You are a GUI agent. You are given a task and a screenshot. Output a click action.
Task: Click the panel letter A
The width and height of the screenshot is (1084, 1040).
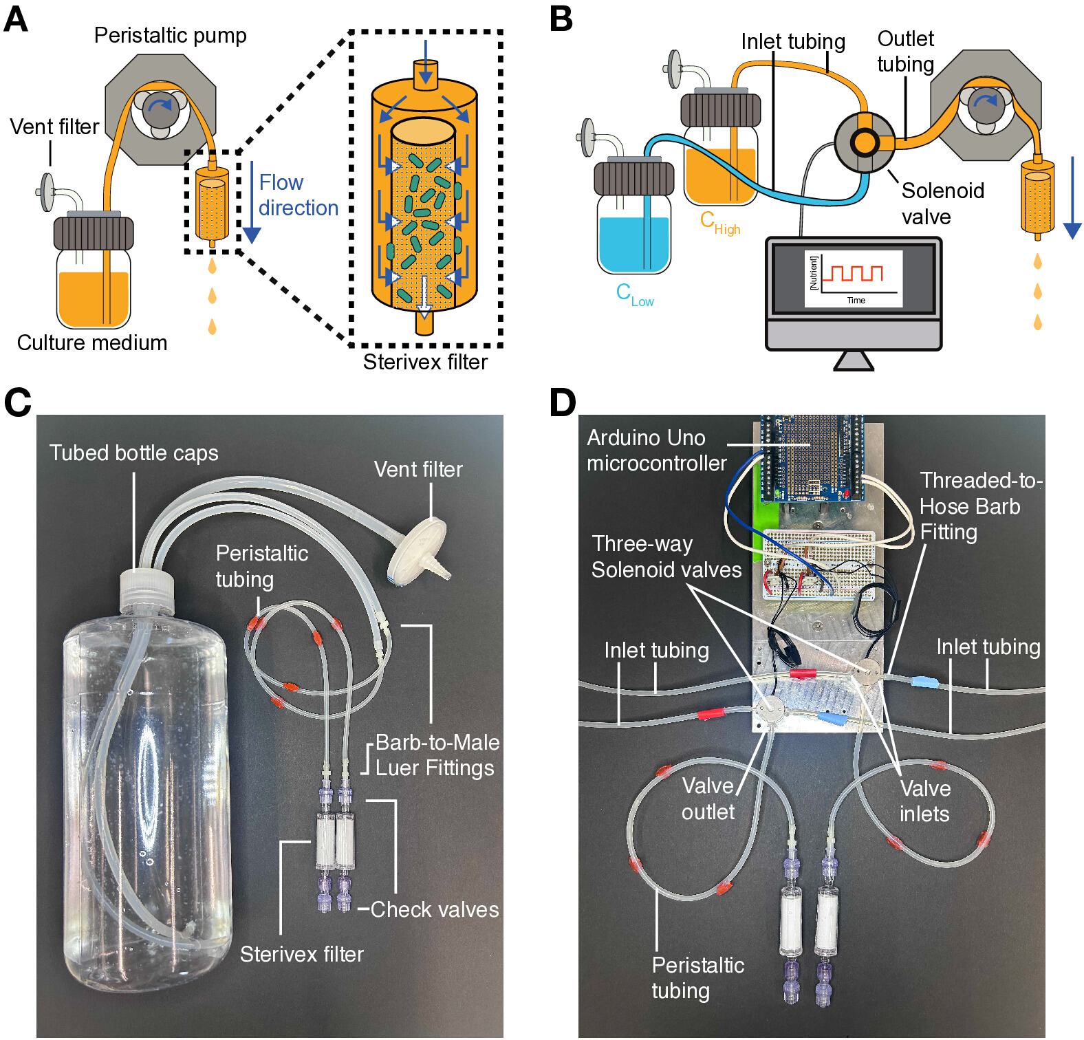pyautogui.click(x=16, y=19)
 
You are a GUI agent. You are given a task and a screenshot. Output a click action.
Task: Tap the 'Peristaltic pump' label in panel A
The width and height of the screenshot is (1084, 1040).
pyautogui.click(x=170, y=35)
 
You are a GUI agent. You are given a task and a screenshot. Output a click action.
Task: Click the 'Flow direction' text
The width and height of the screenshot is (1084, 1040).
pyautogui.click(x=298, y=195)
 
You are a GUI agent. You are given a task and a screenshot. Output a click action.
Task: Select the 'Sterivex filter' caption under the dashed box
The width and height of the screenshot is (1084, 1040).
pyautogui.click(x=425, y=362)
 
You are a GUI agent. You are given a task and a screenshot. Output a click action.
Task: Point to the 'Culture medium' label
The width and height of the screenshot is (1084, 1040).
pyautogui.click(x=92, y=343)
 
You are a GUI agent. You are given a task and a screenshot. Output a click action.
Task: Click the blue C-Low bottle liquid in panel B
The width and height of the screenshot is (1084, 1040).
pyautogui.click(x=633, y=244)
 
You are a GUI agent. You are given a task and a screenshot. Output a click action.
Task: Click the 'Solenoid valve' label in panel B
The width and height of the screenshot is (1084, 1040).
pyautogui.click(x=942, y=204)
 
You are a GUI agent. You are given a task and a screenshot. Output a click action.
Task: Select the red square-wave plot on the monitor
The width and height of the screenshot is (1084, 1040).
pyautogui.click(x=853, y=273)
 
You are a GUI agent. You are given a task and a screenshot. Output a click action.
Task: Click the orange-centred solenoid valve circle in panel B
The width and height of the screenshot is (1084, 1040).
pyautogui.click(x=865, y=142)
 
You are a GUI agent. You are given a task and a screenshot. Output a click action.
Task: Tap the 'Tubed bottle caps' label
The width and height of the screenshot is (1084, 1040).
pyautogui.click(x=133, y=453)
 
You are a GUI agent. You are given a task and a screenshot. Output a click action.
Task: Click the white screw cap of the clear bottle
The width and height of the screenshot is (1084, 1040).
pyautogui.click(x=147, y=590)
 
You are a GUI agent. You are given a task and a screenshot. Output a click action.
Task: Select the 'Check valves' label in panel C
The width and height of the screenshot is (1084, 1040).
pyautogui.click(x=435, y=909)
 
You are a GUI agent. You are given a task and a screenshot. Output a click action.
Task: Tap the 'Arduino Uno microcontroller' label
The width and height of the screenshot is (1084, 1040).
pyautogui.click(x=656, y=451)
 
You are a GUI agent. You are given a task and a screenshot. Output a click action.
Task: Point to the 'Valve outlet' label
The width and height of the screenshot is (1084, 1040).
pyautogui.click(x=708, y=799)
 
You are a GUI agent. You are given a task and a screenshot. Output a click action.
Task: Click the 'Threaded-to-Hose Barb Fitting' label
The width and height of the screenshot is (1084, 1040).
pyautogui.click(x=980, y=506)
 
